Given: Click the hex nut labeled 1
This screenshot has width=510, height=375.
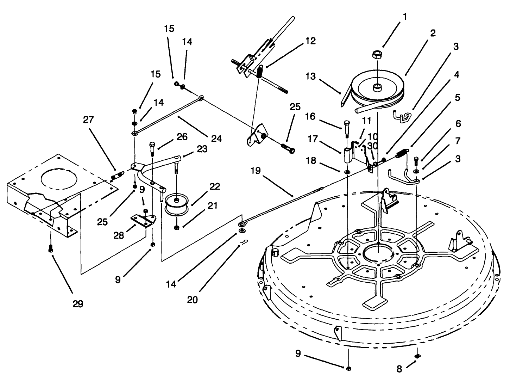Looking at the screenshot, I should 377,55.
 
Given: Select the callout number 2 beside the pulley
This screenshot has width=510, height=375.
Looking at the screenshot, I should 433,33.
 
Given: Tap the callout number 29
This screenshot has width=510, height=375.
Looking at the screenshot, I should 78,304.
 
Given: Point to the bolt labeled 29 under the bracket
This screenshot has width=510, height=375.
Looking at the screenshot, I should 51,248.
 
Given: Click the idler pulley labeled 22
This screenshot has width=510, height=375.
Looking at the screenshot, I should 177,203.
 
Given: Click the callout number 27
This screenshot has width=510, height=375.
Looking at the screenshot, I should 88,120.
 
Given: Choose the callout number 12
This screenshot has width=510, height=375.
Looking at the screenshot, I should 310,41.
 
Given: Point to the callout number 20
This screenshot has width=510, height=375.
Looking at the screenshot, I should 193,300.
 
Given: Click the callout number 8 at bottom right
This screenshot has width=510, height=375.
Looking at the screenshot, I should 399,369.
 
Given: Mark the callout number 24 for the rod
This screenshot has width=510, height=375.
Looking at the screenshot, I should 216,139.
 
